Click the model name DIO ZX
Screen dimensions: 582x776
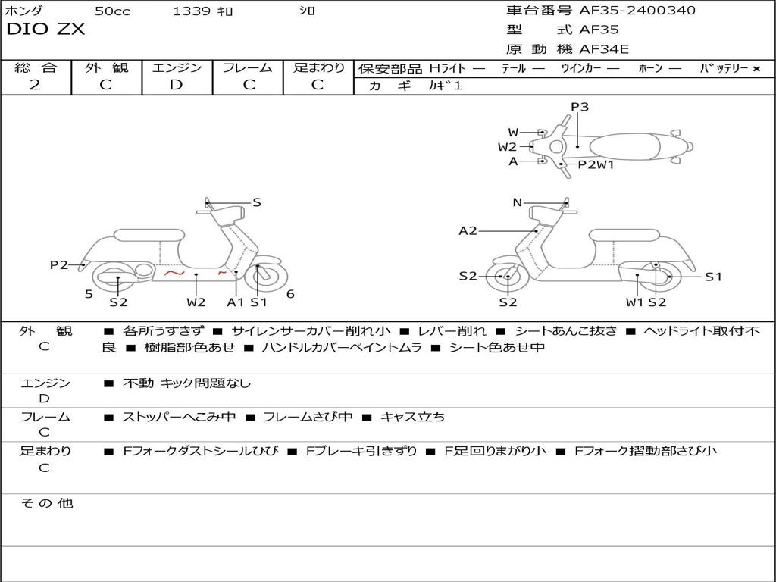tap(45, 30)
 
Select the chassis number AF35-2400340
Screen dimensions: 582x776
tap(637, 11)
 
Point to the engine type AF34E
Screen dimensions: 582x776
tap(604, 50)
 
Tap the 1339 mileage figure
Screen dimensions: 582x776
tap(192, 11)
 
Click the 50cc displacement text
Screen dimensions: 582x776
tap(111, 11)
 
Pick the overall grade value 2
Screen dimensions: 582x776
tap(35, 85)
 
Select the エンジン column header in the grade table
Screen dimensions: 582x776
tap(177, 67)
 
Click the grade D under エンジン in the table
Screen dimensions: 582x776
tap(176, 85)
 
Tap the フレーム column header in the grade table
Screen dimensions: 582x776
tap(247, 67)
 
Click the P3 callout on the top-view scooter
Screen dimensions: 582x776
tap(580, 107)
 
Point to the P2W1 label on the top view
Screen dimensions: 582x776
tap(596, 164)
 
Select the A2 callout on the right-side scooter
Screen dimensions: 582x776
tap(468, 230)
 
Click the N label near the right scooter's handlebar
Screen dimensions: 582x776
tap(518, 202)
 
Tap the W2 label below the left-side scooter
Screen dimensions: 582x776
tap(196, 302)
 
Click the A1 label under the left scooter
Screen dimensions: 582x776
tap(236, 302)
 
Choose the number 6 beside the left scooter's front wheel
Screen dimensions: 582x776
tap(290, 294)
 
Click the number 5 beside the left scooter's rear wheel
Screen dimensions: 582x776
tap(89, 294)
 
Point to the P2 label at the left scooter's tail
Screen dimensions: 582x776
tap(59, 264)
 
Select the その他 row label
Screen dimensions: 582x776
tap(46, 503)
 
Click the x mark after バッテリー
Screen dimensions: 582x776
tap(756, 68)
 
